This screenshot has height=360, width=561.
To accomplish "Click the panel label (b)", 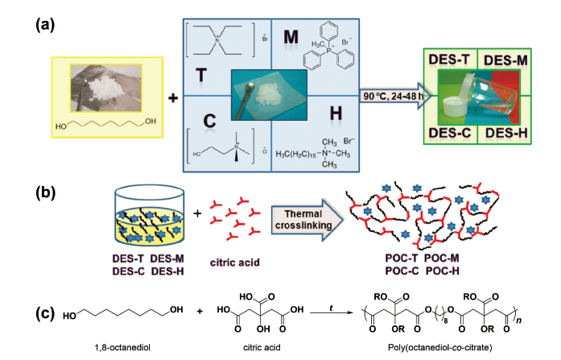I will click(x=43, y=193).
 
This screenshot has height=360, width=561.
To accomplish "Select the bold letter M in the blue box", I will click(x=291, y=34).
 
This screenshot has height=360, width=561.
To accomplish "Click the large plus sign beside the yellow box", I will click(x=171, y=98).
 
